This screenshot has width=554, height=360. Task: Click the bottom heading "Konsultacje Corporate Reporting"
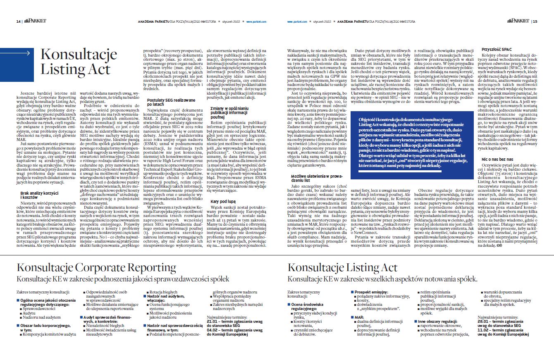[96, 267]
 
